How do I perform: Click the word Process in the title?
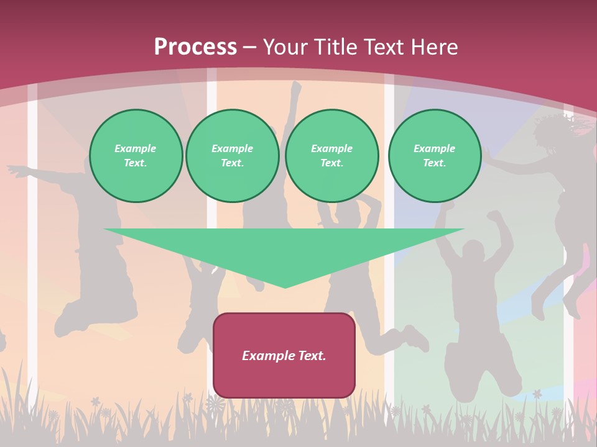coord(195,47)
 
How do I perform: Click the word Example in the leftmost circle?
coord(136,148)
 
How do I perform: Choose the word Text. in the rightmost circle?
coord(435,163)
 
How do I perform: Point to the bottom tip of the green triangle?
coord(285,286)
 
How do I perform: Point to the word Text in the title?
coord(381,47)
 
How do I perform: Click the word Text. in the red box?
coord(312,356)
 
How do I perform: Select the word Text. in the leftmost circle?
coord(136,163)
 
